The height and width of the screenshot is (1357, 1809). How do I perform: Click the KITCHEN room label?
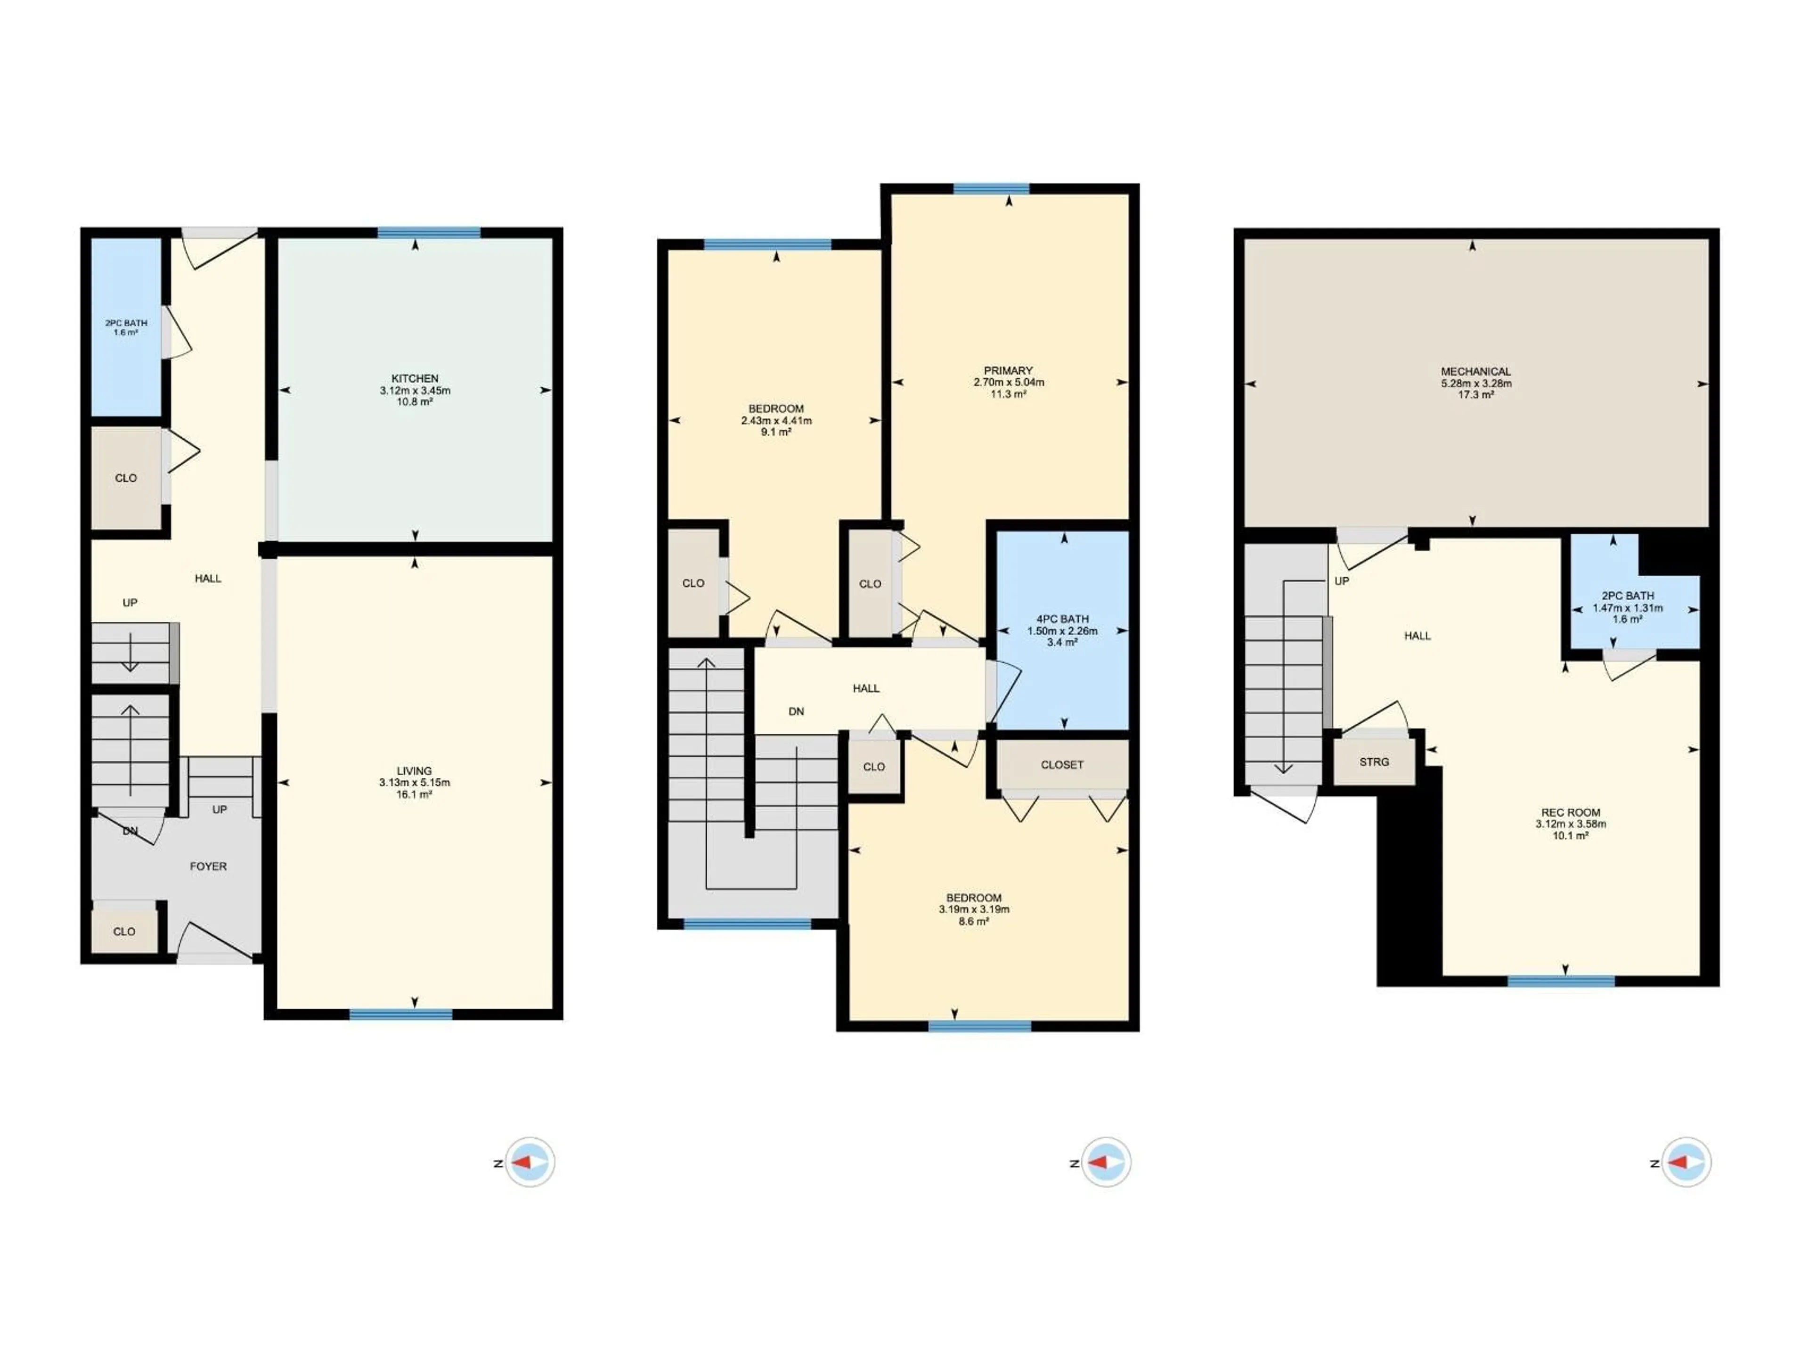tap(415, 379)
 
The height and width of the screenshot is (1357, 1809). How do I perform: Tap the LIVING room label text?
tap(414, 770)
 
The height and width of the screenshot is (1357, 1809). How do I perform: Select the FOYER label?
tap(208, 866)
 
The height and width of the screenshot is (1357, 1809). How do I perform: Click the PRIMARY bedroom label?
tap(1008, 370)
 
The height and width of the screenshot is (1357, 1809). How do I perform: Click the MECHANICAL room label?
tap(1475, 371)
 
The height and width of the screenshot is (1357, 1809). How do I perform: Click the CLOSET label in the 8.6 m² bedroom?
tap(1061, 765)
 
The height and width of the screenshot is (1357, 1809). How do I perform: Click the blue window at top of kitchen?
tap(429, 233)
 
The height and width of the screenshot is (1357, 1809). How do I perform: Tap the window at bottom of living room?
tap(401, 1014)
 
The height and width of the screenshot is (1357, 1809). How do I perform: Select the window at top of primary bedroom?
tap(991, 189)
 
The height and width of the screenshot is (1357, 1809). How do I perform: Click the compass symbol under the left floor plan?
tap(529, 1162)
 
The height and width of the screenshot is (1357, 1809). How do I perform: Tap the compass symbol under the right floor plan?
tap(1686, 1162)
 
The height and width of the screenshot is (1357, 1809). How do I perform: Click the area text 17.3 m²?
tap(1475, 395)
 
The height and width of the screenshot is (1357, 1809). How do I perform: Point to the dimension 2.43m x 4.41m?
tap(776, 420)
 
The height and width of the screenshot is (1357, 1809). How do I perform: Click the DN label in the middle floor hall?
tap(796, 711)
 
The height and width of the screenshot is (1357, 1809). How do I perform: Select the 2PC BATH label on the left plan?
tap(126, 323)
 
